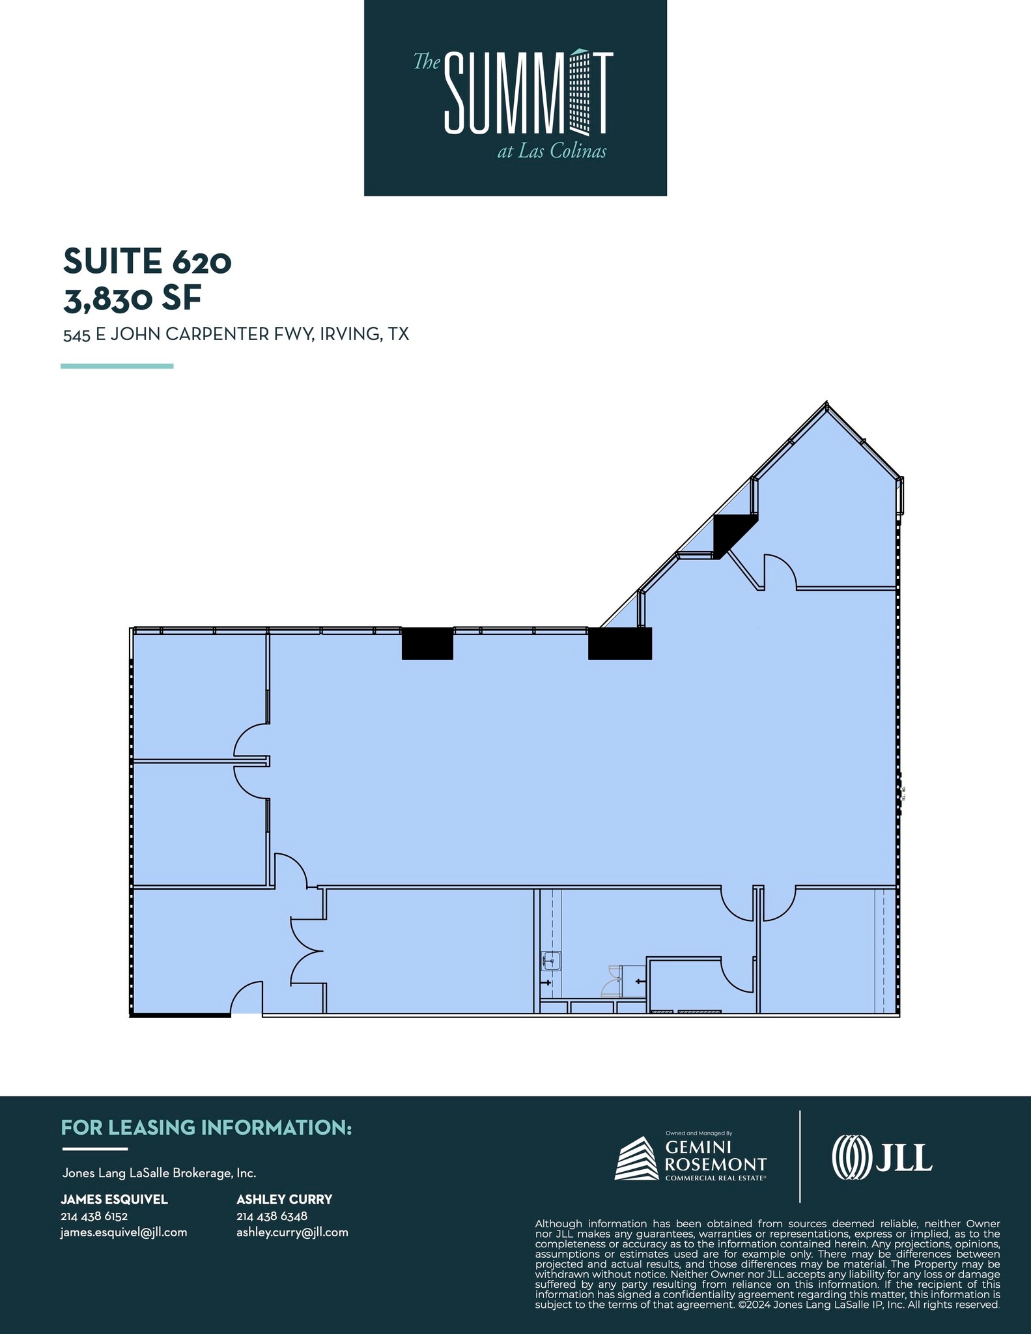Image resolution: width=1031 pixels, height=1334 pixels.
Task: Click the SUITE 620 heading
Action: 147,261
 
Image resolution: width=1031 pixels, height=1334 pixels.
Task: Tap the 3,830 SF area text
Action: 132,298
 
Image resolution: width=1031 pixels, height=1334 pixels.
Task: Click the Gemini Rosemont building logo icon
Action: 636,1159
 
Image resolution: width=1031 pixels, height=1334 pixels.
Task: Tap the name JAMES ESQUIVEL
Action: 114,1199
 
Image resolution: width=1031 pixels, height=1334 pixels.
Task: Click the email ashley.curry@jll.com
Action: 292,1232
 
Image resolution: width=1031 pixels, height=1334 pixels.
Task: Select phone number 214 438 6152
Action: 94,1216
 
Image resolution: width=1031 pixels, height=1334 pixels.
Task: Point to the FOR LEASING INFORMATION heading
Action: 206,1128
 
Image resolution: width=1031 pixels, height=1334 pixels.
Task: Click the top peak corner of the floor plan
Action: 826,402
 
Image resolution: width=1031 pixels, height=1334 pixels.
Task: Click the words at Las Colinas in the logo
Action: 552,151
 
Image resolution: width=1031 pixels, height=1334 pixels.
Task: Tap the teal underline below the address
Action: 117,366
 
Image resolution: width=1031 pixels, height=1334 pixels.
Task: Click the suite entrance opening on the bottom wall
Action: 246,1014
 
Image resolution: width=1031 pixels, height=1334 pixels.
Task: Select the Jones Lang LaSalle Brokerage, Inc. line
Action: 159,1173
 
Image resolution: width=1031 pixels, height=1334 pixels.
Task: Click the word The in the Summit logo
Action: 427,62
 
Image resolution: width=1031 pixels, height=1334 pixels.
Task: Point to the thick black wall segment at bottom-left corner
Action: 180,1014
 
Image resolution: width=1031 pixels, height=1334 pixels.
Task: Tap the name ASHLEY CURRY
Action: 285,1199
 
